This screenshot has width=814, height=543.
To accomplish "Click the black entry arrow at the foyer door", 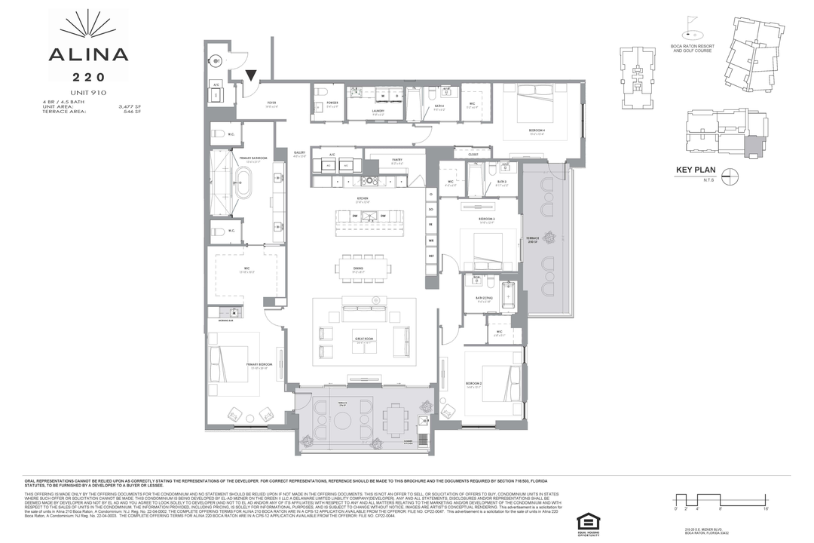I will click(x=251, y=73).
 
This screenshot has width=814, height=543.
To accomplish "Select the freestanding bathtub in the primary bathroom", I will click(x=243, y=185).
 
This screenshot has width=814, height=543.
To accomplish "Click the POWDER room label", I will click(x=332, y=103).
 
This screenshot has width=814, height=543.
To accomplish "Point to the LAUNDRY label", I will click(x=378, y=111).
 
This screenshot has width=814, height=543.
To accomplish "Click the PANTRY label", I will click(x=396, y=160).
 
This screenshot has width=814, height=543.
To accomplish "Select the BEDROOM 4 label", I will click(x=537, y=130).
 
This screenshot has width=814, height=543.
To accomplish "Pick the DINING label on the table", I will click(x=359, y=267).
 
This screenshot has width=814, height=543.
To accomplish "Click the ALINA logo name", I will click(x=88, y=54).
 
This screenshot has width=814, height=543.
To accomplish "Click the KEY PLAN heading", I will click(x=695, y=179).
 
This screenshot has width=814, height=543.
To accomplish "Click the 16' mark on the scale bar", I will click(x=766, y=511).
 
